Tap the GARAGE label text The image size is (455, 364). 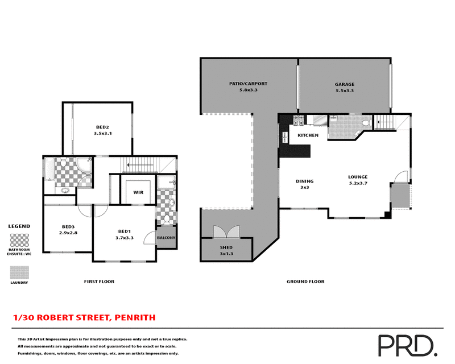[344, 84]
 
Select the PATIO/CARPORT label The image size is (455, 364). [248, 84]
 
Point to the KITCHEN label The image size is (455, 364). [308, 135]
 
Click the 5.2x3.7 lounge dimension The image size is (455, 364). [358, 184]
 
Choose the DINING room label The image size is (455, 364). [304, 181]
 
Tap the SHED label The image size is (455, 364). [226, 248]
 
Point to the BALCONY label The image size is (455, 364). [166, 238]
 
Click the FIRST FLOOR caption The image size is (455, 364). [99, 282]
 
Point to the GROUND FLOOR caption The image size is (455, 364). [305, 282]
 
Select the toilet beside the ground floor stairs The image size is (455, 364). [366, 124]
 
